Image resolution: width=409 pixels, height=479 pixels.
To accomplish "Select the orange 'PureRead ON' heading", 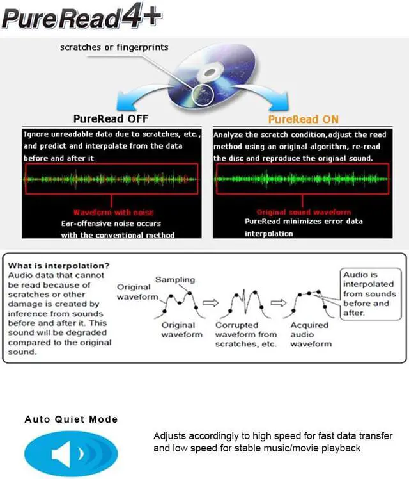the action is (x=303, y=119).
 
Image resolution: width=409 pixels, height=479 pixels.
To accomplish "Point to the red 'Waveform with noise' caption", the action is (x=113, y=212).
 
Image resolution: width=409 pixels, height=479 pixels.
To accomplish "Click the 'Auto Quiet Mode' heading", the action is (x=71, y=419).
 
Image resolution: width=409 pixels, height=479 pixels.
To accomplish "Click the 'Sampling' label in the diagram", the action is (x=175, y=280).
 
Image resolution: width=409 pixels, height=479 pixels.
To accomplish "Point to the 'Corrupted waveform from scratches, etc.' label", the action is (x=246, y=334).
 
